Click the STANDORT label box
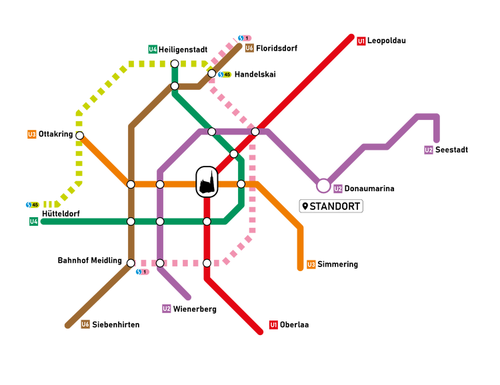point(331,206)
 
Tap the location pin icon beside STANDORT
point(305,206)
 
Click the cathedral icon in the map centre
point(207,181)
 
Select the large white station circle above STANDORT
point(323,186)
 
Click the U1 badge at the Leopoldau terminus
point(361,41)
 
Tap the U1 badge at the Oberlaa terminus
point(273,325)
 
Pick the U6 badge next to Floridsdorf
point(249,48)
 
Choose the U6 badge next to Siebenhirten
point(85,324)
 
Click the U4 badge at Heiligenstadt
point(153,49)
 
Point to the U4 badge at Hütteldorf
point(33,221)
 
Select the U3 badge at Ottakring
point(31,134)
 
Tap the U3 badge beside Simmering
point(311,264)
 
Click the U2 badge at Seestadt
point(429,149)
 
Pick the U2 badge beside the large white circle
point(338,189)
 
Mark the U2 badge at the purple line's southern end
point(167,308)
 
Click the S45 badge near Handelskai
point(225,75)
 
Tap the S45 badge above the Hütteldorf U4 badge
point(33,204)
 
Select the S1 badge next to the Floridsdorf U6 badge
point(245,38)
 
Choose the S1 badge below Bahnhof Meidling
point(142,272)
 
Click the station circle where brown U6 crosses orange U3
point(131,185)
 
